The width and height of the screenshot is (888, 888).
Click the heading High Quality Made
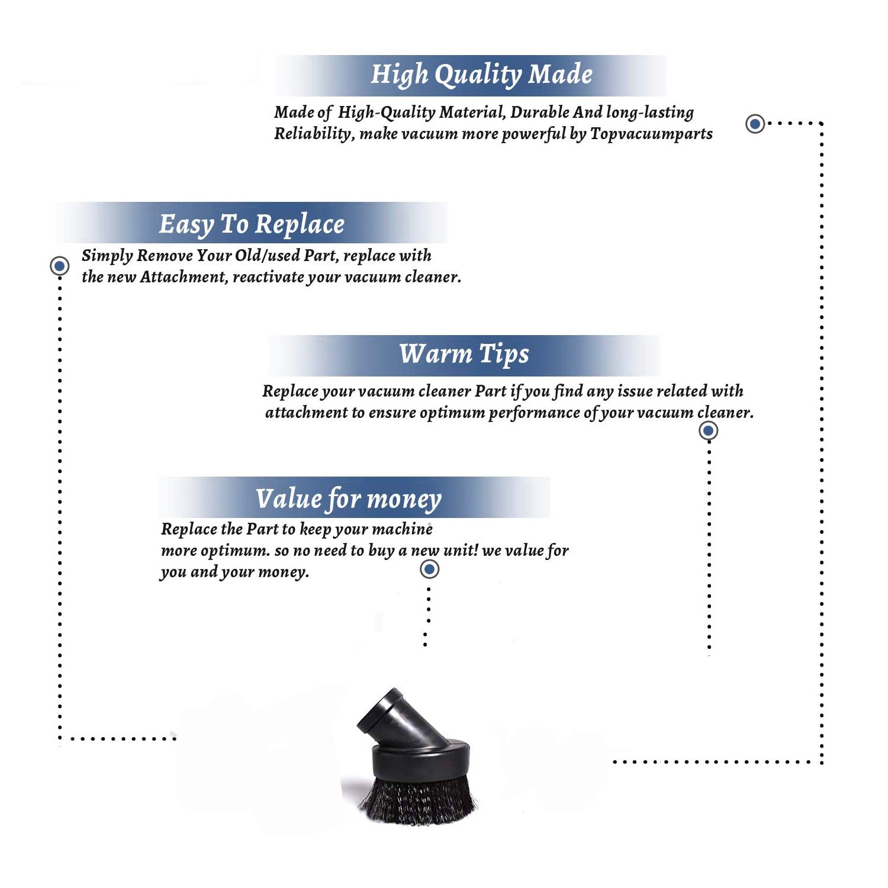481,75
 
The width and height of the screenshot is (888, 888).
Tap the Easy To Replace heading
252,224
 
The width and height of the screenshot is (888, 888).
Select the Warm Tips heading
464,354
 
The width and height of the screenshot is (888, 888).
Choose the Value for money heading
349,499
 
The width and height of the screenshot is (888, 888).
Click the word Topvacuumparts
651,134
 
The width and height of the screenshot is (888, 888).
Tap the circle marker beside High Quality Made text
755,124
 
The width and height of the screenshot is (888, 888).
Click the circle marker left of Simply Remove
59,266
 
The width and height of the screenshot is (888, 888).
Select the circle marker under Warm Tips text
708,430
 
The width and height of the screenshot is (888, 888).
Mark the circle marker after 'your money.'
429,570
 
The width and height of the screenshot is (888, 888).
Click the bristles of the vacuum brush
417,799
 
